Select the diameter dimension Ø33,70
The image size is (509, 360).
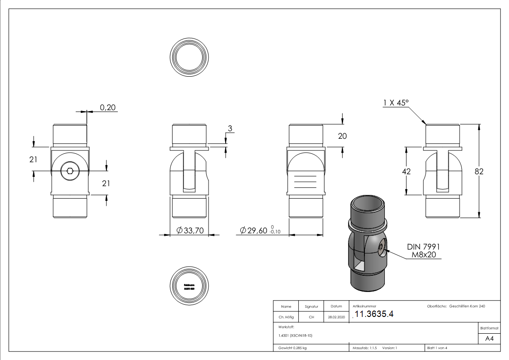point(190,231)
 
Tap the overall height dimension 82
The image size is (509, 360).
point(479,171)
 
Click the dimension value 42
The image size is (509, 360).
point(406,171)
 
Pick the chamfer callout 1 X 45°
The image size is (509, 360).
point(396,103)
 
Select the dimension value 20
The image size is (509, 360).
point(342,136)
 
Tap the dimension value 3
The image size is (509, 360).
point(230,129)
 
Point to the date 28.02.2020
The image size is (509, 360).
point(336,317)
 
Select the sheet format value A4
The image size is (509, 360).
point(489,339)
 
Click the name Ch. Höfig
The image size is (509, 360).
point(286,317)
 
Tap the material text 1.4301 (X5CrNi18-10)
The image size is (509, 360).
point(296,336)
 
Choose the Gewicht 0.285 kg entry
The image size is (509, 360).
point(292,348)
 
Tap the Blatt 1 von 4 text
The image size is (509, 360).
point(437,348)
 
